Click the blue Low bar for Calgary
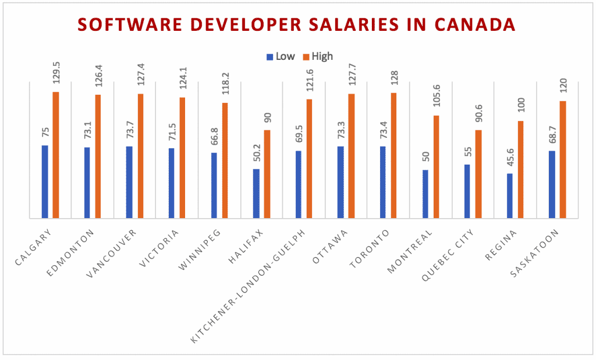point(45,181)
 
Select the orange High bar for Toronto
point(394,155)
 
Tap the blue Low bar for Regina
point(510,195)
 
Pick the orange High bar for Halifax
point(267,174)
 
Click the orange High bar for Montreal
point(436,167)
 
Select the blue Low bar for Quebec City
point(467,191)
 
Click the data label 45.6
point(510,161)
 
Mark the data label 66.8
point(214,140)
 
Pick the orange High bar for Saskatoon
point(563,159)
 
